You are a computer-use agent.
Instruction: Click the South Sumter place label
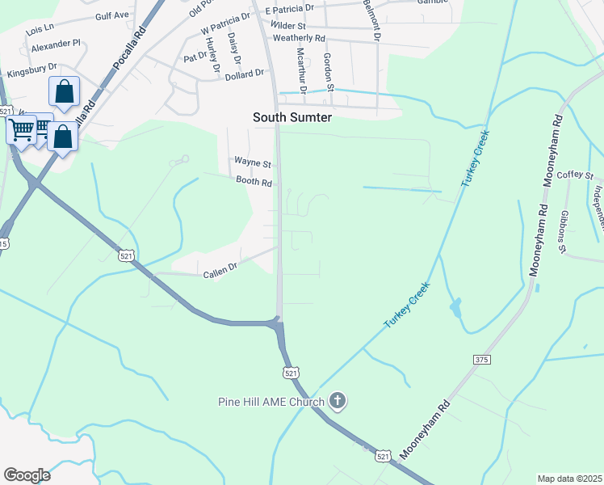click(x=293, y=116)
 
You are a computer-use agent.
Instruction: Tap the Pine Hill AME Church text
click(x=271, y=401)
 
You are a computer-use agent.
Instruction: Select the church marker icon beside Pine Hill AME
click(x=338, y=400)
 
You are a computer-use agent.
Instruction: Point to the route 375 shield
click(x=483, y=357)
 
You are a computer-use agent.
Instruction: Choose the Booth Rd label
click(x=254, y=183)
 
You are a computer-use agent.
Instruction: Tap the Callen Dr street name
click(x=220, y=266)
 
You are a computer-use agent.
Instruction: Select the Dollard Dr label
click(x=245, y=74)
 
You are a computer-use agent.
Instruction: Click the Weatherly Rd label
click(x=299, y=38)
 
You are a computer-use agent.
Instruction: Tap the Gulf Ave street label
click(x=112, y=15)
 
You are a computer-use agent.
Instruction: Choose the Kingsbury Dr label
click(x=32, y=70)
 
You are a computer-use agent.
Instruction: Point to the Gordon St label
click(x=329, y=70)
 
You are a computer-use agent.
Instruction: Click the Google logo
click(x=27, y=475)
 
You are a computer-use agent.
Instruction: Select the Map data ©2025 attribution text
click(x=568, y=479)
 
